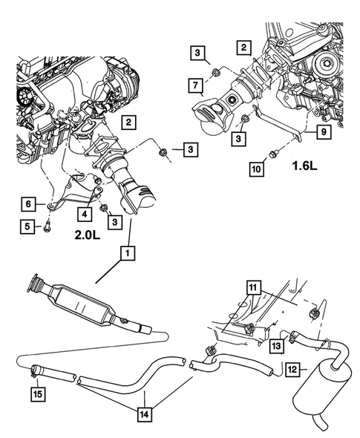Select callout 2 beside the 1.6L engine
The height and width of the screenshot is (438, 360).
point(242,48)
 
